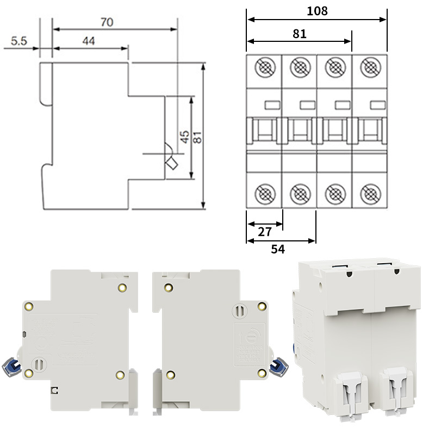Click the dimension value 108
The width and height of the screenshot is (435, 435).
(x=317, y=11)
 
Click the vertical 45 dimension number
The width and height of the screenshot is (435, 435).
(x=185, y=136)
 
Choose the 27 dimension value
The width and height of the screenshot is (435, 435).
(x=265, y=232)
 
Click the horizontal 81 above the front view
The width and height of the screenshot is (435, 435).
(x=300, y=33)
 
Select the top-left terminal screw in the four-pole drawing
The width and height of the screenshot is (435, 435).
(x=265, y=67)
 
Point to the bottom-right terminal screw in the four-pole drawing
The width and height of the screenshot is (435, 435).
(x=370, y=192)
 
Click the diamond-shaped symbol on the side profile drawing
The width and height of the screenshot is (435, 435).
(x=172, y=165)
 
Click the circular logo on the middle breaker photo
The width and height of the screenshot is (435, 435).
(x=239, y=333)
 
